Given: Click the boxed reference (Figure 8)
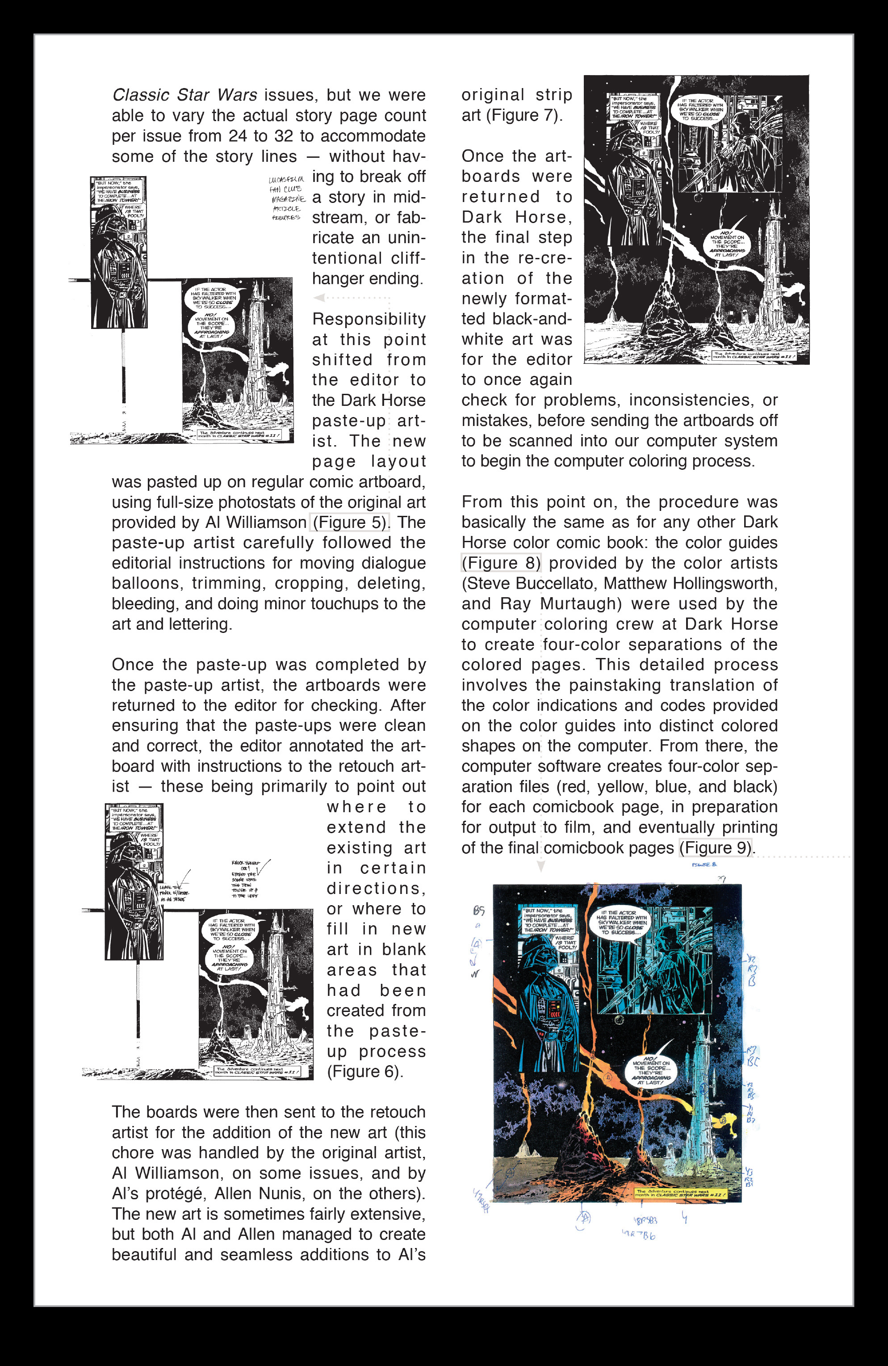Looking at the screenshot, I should click(501, 563).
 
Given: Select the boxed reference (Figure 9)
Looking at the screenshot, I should click(716, 848).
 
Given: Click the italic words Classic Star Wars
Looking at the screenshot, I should click(184, 95).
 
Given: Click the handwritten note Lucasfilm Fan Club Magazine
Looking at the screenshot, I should click(287, 198).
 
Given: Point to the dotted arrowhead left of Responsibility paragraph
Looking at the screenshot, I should click(319, 297).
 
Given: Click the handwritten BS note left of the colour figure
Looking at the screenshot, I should click(478, 911).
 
